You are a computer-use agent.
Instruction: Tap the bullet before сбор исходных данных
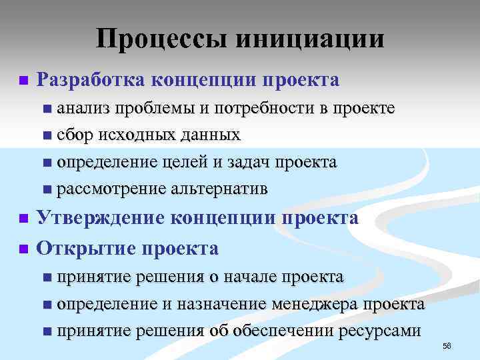click(x=45, y=136)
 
